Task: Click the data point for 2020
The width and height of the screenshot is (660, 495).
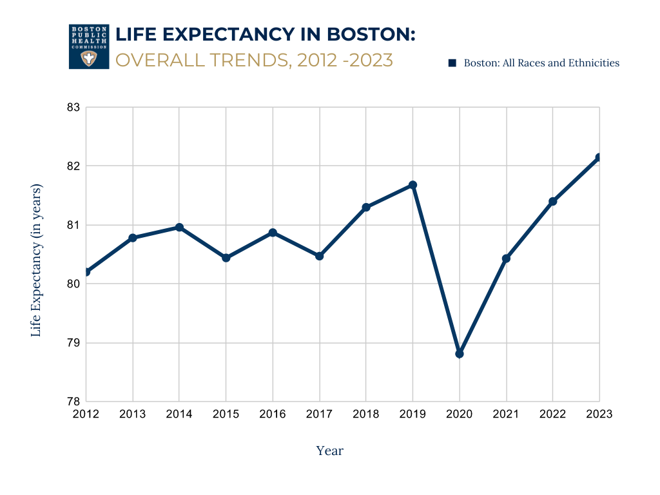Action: tap(460, 354)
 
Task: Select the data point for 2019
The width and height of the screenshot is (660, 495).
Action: tap(413, 186)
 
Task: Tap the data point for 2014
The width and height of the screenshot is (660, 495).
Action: tap(179, 228)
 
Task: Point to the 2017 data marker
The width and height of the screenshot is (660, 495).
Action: tap(319, 256)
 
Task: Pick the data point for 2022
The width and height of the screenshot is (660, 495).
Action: tap(553, 202)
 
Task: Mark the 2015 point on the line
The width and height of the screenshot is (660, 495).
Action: tap(226, 258)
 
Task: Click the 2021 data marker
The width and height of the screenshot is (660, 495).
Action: tap(506, 258)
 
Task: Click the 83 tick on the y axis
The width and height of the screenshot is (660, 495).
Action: tap(73, 107)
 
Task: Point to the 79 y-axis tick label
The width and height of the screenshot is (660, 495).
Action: tap(73, 343)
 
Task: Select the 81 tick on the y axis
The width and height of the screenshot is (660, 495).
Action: tap(73, 225)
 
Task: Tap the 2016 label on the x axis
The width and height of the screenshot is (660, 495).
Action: tap(273, 414)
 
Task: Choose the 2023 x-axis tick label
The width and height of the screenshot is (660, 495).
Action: tap(599, 414)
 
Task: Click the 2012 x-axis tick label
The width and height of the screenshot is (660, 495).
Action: tap(86, 414)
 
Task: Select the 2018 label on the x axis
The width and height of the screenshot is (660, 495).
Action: tap(366, 414)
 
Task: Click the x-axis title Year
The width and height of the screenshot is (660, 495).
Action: tap(330, 451)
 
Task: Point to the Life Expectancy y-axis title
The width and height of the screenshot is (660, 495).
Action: tap(37, 260)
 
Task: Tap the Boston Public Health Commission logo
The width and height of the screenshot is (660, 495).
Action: tap(89, 46)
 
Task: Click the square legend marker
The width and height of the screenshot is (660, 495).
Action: tap(452, 63)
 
